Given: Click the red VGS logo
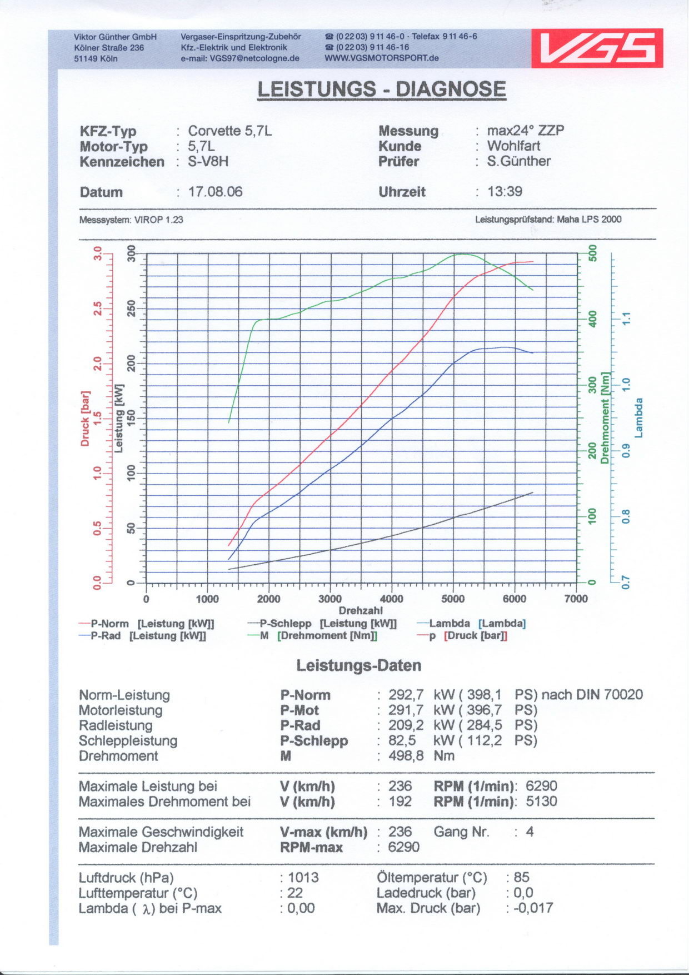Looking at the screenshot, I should click(597, 48).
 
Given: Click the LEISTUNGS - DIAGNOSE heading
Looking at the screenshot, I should click(381, 89).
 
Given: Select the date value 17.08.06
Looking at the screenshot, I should click(216, 192).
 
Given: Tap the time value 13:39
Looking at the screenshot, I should click(505, 192).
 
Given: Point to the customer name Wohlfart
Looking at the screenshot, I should click(513, 146).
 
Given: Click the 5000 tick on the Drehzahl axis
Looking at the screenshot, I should click(453, 599).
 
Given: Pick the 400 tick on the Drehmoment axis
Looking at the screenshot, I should click(592, 319).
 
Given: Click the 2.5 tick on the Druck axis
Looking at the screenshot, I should click(98, 309).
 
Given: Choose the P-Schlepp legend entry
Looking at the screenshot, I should click(322, 624).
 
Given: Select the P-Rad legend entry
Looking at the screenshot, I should click(142, 636).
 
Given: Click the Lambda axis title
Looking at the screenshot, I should click(638, 417).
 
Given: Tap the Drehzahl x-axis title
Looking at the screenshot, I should click(361, 610).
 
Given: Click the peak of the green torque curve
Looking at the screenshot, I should click(463, 254).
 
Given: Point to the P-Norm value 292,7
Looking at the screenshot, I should click(406, 695).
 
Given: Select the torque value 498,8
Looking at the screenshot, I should click(406, 756).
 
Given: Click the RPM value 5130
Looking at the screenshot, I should click(541, 802).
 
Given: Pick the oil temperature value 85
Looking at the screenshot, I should click(521, 877).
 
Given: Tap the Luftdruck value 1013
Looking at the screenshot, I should click(303, 877).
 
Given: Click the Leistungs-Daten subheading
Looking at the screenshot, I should click(358, 665).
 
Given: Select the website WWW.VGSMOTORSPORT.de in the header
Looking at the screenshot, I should click(382, 58).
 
